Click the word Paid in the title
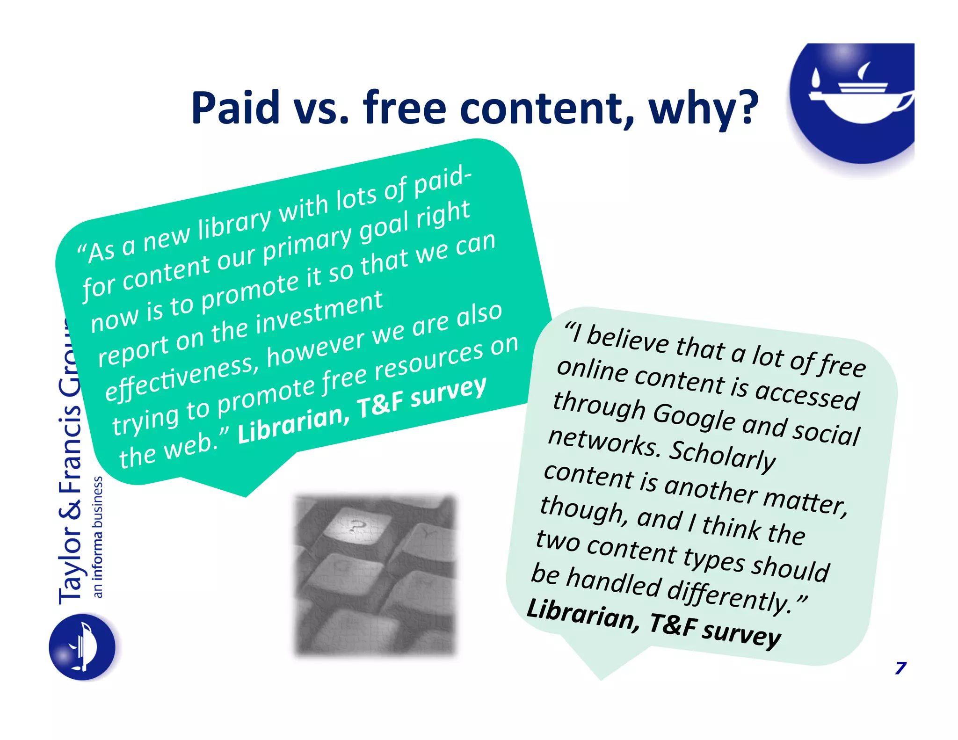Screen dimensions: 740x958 pos(235,108)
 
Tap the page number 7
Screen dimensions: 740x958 pos(900,668)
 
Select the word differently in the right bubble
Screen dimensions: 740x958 pos(729,593)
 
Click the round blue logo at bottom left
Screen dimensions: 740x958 pos(82,647)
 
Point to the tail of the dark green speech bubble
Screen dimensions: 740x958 pos(243,484)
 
